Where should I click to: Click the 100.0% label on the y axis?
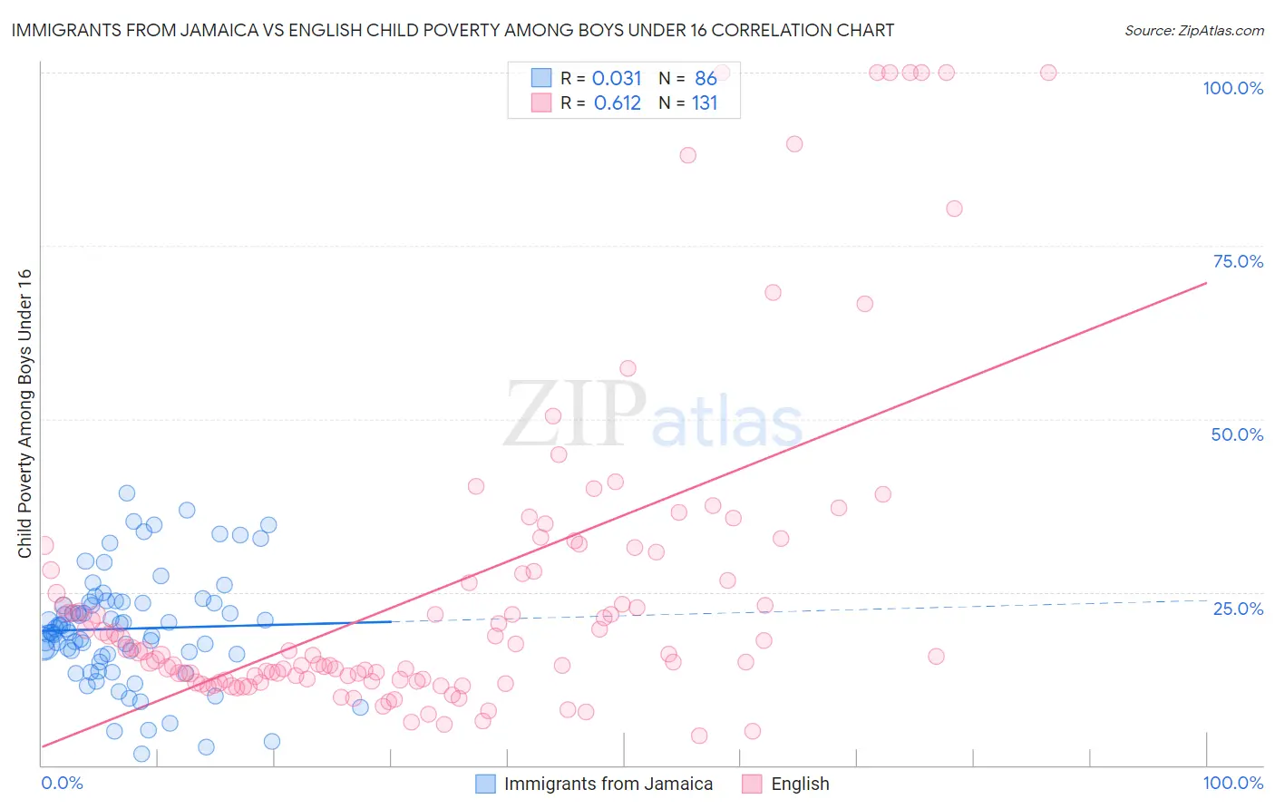pyautogui.click(x=1232, y=88)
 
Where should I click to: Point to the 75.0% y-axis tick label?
pyautogui.click(x=1238, y=261)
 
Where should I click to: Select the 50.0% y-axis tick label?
pyautogui.click(x=1237, y=434)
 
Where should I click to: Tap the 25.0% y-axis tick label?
pyautogui.click(x=1238, y=609)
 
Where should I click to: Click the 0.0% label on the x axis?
pyautogui.click(x=62, y=783)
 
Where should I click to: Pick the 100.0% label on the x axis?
pyautogui.click(x=1232, y=783)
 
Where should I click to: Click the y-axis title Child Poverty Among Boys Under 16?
pyautogui.click(x=24, y=414)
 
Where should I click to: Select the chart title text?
pyautogui.click(x=453, y=30)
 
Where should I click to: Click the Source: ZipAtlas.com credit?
pyautogui.click(x=1193, y=30)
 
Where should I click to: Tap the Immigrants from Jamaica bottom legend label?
pyautogui.click(x=608, y=784)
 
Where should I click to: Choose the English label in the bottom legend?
pyautogui.click(x=800, y=784)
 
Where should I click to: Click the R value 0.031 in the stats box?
pyautogui.click(x=617, y=79)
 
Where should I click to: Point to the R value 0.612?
pyautogui.click(x=617, y=103)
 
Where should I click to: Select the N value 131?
pyautogui.click(x=705, y=103)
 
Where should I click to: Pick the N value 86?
pyautogui.click(x=706, y=79)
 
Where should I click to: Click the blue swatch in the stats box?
pyautogui.click(x=541, y=78)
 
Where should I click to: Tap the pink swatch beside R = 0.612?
pyautogui.click(x=541, y=102)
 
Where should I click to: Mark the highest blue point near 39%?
pyautogui.click(x=127, y=493)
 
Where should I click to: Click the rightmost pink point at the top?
pyautogui.click(x=1048, y=73)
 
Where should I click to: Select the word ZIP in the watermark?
pyautogui.click(x=574, y=414)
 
